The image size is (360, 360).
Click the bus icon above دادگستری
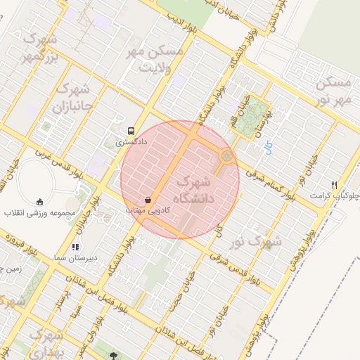click(x=131, y=131)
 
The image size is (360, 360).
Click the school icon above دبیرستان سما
click(x=75, y=247)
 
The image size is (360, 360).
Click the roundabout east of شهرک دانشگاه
click(x=226, y=156)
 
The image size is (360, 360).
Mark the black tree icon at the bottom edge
click(x=114, y=355)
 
